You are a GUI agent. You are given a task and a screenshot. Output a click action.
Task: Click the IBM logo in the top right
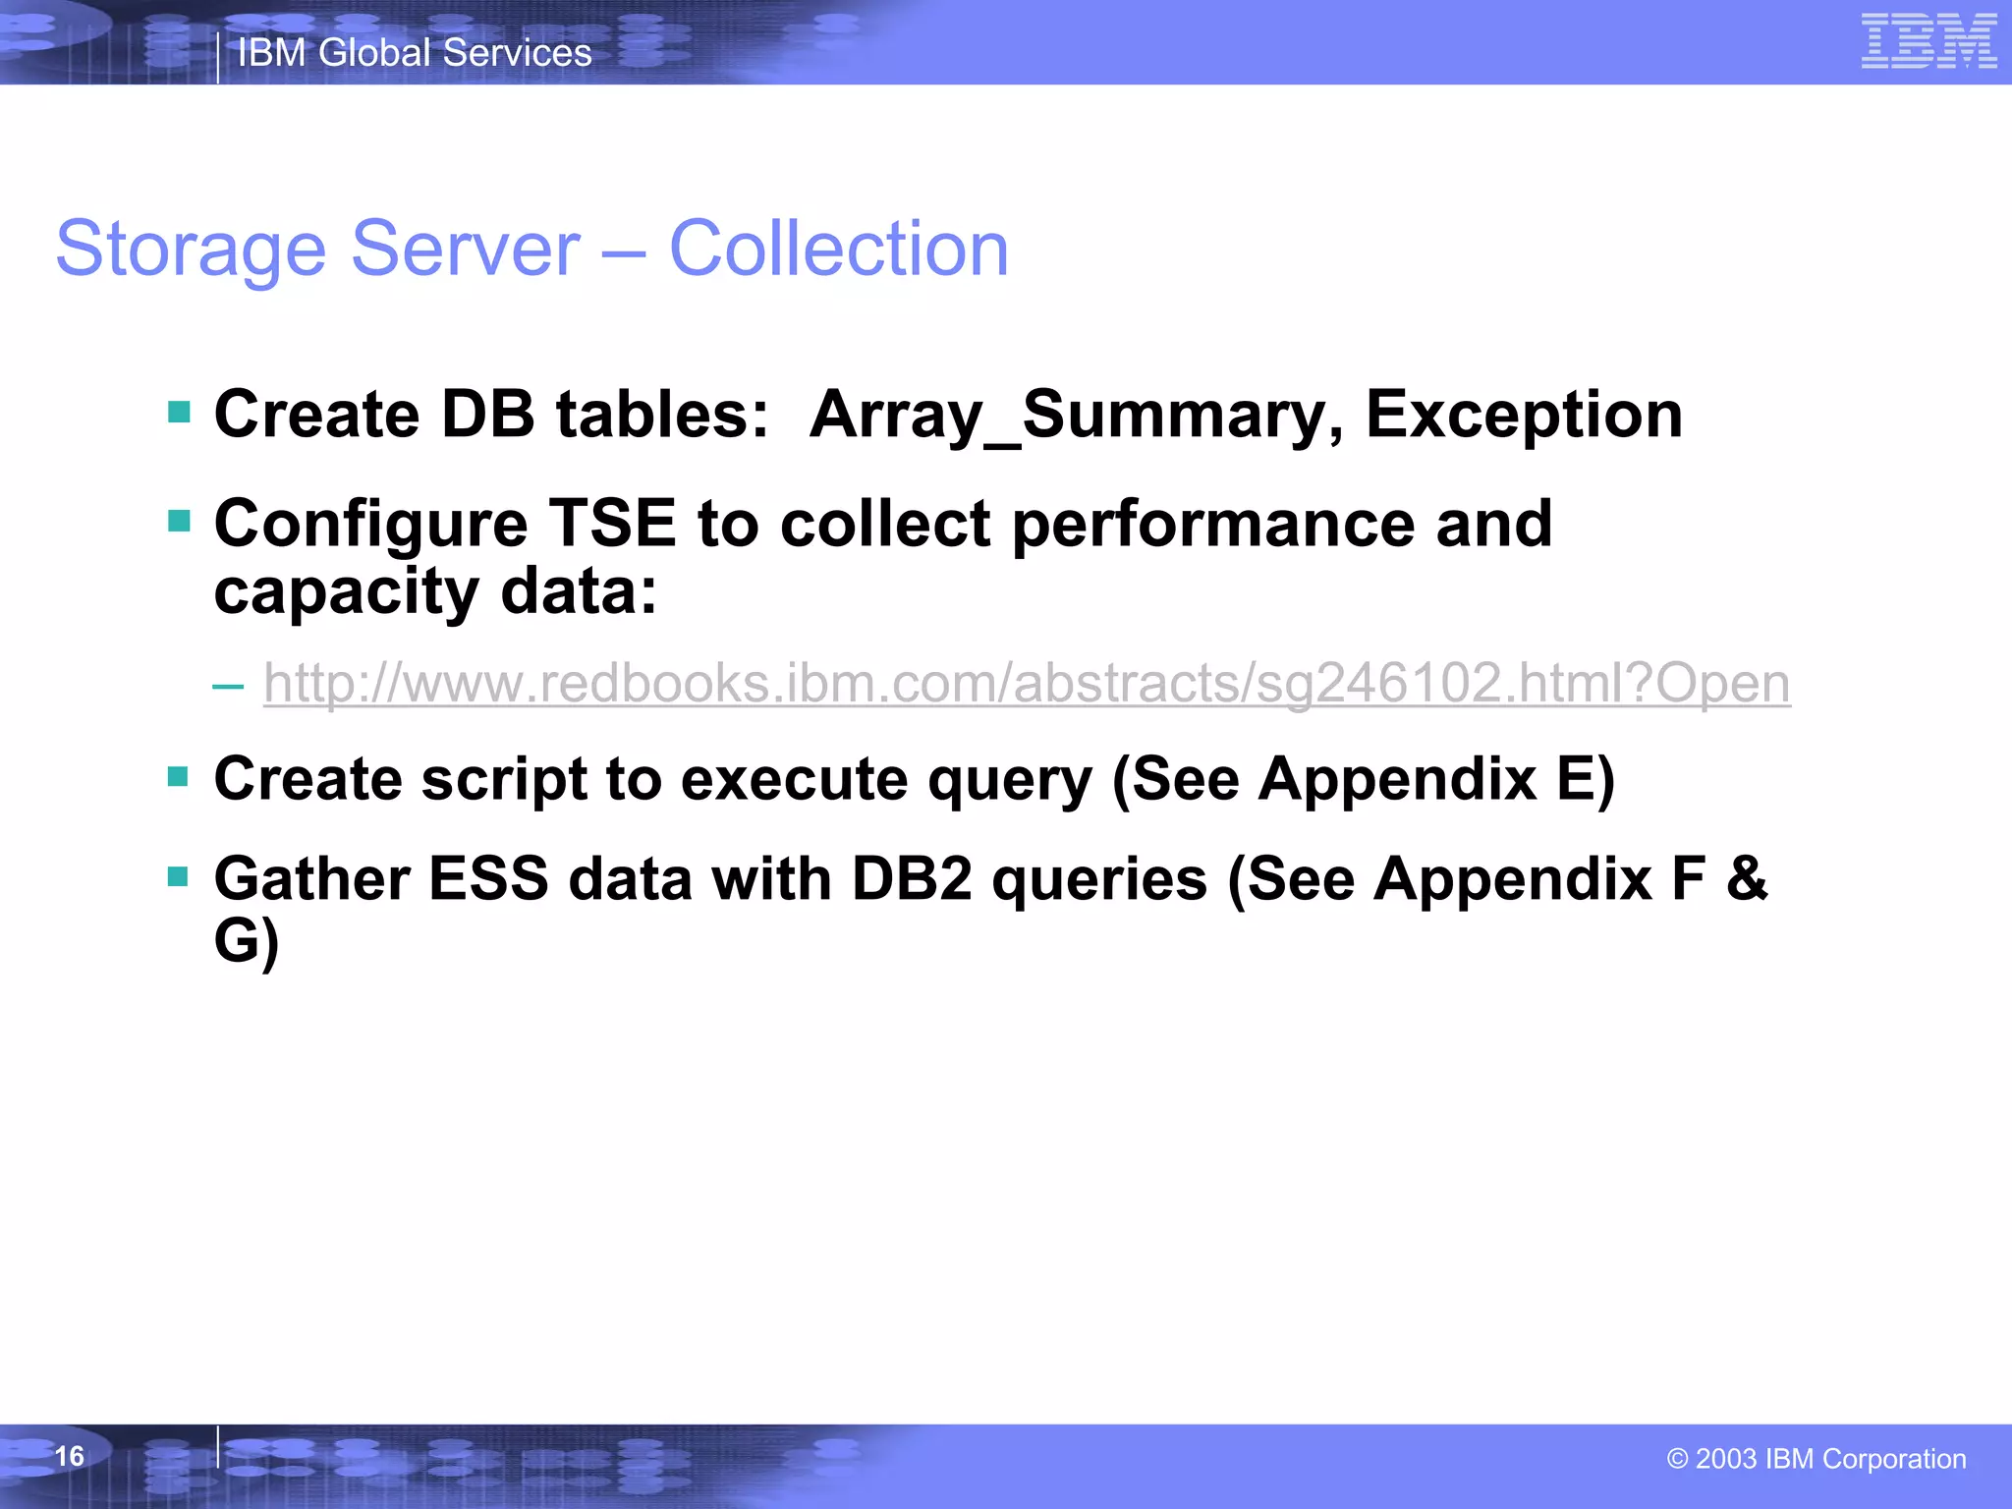coord(1928,41)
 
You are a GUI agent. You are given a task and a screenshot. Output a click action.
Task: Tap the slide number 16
coord(69,1456)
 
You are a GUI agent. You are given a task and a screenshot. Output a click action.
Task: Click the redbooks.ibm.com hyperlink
coord(1027,683)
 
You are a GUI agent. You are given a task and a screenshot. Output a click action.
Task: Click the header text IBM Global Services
coord(415,53)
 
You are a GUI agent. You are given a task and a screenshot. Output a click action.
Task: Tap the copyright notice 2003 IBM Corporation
coord(1816,1459)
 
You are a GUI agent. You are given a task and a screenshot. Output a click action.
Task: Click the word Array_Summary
coord(1076,416)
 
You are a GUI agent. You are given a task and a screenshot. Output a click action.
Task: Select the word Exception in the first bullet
coord(1524,416)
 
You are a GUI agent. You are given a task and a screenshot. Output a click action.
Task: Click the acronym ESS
coord(488,878)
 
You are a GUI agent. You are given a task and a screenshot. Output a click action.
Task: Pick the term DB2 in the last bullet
coord(911,878)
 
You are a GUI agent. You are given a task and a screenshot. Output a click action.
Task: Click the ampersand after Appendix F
coord(1747,878)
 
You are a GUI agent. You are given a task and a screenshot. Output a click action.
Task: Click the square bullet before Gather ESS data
coord(179,875)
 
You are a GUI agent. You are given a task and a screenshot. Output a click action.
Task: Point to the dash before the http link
coord(228,685)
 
